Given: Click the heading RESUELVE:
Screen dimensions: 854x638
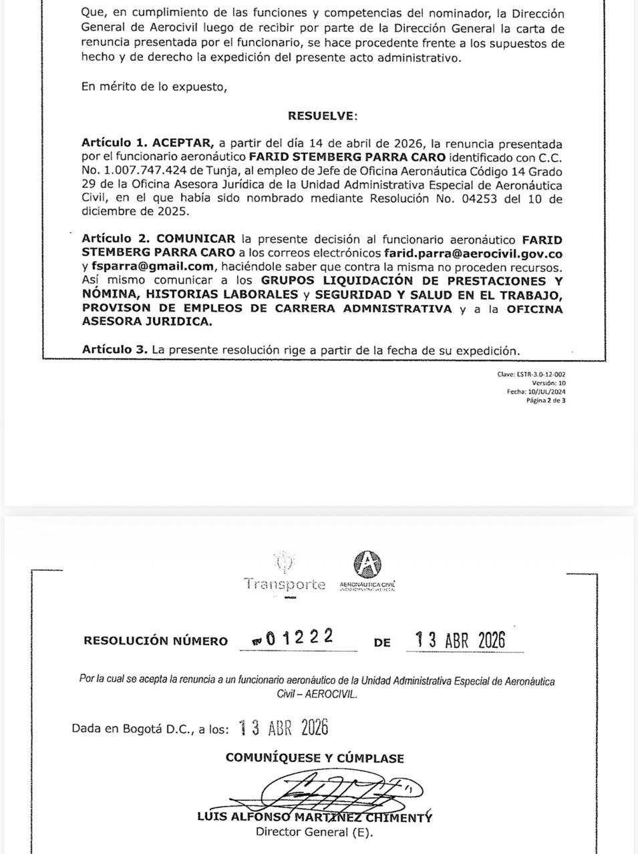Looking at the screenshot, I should click(x=323, y=115).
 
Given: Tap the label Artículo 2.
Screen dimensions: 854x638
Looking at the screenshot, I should click(x=116, y=239).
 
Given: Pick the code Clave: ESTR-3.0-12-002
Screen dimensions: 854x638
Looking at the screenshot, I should click(x=531, y=374).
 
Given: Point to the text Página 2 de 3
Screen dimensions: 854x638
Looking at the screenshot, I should click(x=546, y=401).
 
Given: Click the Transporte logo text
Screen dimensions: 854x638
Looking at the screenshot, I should click(x=285, y=584).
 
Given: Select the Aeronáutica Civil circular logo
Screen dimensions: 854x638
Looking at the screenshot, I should click(x=367, y=564).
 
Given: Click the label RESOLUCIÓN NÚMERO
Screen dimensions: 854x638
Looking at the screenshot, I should click(x=156, y=640).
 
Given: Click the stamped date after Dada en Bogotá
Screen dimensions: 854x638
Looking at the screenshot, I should click(x=283, y=728).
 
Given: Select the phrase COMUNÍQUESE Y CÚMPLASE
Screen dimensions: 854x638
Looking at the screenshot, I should click(x=315, y=758).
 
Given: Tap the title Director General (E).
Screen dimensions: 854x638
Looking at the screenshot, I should click(x=315, y=832).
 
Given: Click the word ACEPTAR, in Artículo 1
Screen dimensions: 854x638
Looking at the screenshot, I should click(x=183, y=143).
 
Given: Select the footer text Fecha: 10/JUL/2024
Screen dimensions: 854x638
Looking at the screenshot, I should click(x=536, y=392).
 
